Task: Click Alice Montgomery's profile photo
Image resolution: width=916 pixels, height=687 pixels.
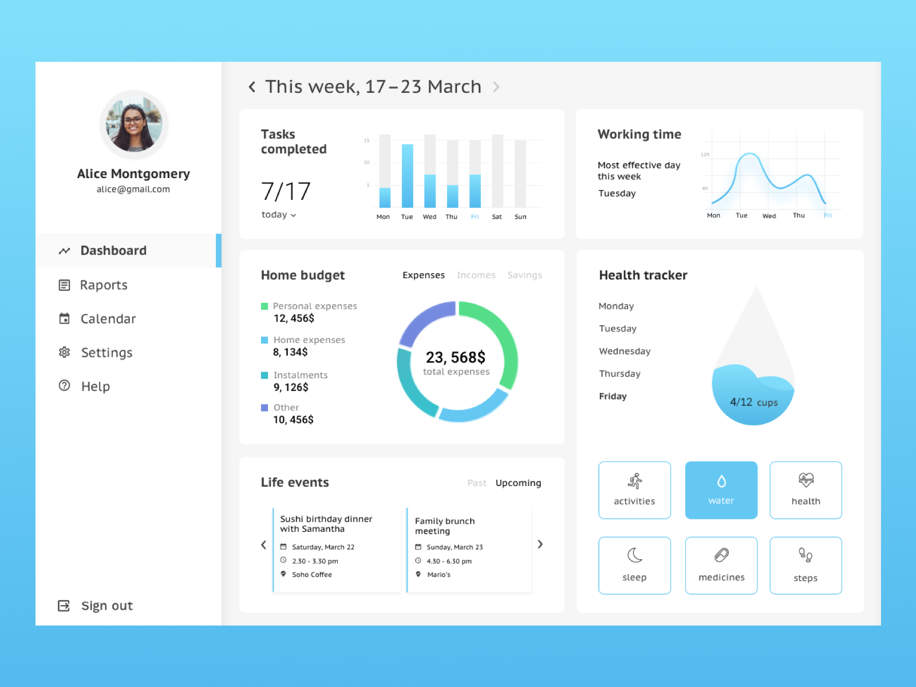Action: (x=134, y=124)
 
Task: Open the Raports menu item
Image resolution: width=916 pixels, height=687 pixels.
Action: (x=103, y=285)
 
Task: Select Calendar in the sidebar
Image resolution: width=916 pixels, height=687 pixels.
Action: (x=108, y=319)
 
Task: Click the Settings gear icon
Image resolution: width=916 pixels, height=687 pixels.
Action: (x=65, y=352)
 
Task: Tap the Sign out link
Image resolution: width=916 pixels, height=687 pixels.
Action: (x=106, y=606)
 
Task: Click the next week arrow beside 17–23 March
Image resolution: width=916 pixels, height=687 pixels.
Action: (x=496, y=87)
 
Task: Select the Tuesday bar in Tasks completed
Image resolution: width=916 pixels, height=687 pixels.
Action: (x=408, y=175)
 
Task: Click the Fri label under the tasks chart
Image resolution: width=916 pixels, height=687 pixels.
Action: (x=475, y=217)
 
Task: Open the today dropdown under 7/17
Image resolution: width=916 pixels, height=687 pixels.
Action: (x=279, y=215)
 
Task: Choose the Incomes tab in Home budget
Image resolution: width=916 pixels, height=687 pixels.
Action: (x=476, y=275)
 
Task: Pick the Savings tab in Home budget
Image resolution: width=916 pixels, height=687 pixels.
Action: (x=524, y=275)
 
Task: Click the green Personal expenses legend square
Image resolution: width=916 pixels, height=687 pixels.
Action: (x=264, y=306)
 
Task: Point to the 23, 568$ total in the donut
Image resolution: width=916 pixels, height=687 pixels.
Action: (x=456, y=358)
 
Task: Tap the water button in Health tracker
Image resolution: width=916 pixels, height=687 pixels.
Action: (x=721, y=490)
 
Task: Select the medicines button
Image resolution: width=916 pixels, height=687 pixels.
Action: (x=721, y=565)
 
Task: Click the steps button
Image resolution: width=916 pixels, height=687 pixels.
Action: (x=806, y=565)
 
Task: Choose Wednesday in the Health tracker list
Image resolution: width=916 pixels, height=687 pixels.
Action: (x=625, y=352)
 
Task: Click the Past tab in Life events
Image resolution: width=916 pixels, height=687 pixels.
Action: (x=476, y=483)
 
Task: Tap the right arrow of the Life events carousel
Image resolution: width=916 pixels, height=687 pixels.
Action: (x=540, y=544)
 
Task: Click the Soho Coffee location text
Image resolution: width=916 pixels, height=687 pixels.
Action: (x=312, y=575)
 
